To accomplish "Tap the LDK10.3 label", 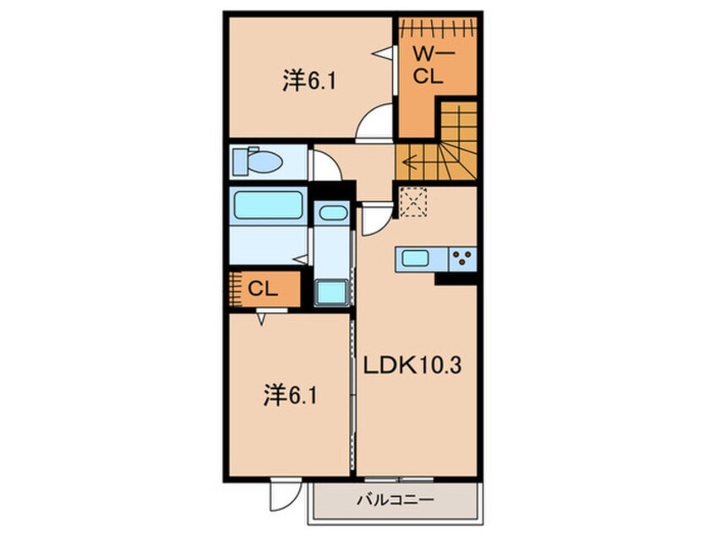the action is pos(412,365).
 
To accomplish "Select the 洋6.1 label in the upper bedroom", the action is pos(309,81).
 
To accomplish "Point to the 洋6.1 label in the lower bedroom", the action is pos(290,396).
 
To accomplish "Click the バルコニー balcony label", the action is pos(395,500).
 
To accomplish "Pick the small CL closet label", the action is pos(263,289).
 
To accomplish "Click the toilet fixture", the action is pos(257,161).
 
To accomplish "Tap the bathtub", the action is pos(268,205).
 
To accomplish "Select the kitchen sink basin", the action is pos(415,259).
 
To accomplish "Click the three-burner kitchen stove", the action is pos(463,259).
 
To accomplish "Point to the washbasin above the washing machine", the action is pos(333,212).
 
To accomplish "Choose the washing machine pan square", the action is pos(331,293).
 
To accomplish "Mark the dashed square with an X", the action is pos(413,201).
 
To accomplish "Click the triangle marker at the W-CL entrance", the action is pos(382,53).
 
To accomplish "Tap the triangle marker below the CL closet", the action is pos(261,319).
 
